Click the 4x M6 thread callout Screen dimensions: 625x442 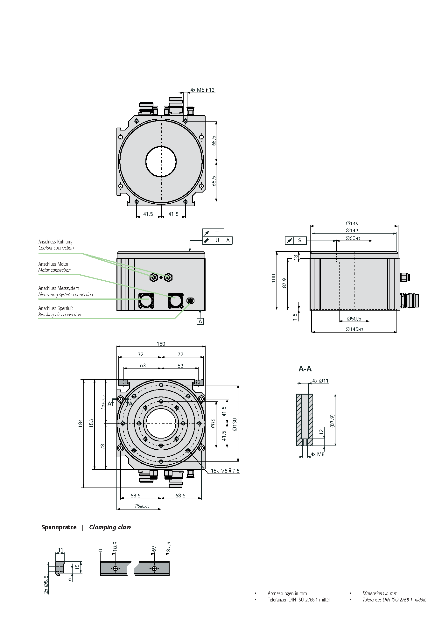tap(202, 90)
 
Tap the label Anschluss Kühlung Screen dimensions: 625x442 tap(55, 242)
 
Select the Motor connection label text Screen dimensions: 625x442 tap(54, 270)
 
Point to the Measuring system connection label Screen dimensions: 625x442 tap(66, 295)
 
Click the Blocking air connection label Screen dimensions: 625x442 tap(60, 315)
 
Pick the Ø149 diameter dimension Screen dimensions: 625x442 tap(352, 223)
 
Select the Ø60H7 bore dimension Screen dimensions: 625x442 tap(353, 238)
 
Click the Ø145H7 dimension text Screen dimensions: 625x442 tap(354, 329)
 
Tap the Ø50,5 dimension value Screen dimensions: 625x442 tap(354, 319)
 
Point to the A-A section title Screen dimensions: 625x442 tap(305, 369)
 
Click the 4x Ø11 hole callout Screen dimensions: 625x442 tap(320, 381)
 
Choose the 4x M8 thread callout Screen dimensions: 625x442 tap(318, 454)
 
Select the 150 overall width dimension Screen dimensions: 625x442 tap(161, 344)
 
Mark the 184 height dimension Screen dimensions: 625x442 tap(81, 423)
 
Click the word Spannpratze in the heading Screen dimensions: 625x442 tap(59, 527)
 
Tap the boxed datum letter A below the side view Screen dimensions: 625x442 tap(200, 321)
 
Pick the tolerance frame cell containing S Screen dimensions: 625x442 tap(300, 241)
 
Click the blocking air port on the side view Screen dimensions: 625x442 tap(190, 301)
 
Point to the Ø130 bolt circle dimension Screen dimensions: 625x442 tap(235, 424)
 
